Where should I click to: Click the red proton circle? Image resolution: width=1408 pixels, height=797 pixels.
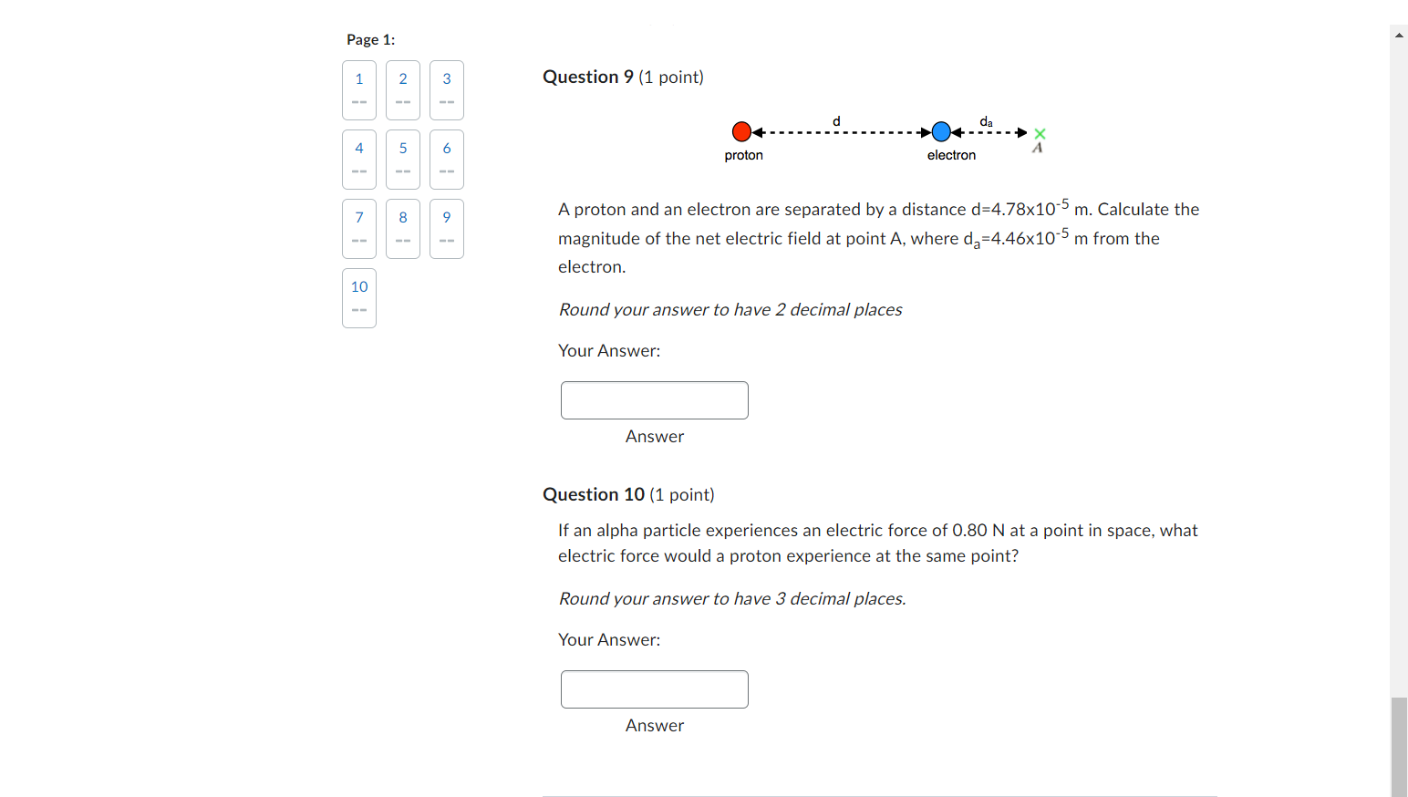coord(741,132)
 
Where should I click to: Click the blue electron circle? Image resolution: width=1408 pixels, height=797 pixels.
coord(941,132)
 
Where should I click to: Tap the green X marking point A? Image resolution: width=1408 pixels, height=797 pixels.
coord(1040,134)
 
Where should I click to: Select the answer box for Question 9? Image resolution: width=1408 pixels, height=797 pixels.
coord(654,400)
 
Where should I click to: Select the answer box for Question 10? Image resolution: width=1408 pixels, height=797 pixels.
coord(654,689)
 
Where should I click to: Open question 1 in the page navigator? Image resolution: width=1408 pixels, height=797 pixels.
coord(359,89)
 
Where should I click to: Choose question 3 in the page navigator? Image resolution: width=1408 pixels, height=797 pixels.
coord(447,89)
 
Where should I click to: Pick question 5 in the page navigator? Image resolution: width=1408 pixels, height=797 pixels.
coord(403,159)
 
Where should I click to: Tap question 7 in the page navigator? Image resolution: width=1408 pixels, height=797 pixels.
coord(359,228)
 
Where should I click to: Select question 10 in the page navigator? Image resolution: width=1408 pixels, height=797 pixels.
coord(359,297)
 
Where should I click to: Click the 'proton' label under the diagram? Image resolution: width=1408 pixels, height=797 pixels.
coord(743,155)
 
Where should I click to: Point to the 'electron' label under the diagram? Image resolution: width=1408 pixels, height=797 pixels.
coord(951,155)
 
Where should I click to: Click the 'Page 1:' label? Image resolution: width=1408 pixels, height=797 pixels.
coord(370,40)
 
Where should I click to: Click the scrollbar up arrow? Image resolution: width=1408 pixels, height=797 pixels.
coord(1399,35)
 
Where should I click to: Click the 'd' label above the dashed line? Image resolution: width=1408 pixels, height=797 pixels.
coord(836,121)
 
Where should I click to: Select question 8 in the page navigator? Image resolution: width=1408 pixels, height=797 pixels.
coord(403,228)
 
